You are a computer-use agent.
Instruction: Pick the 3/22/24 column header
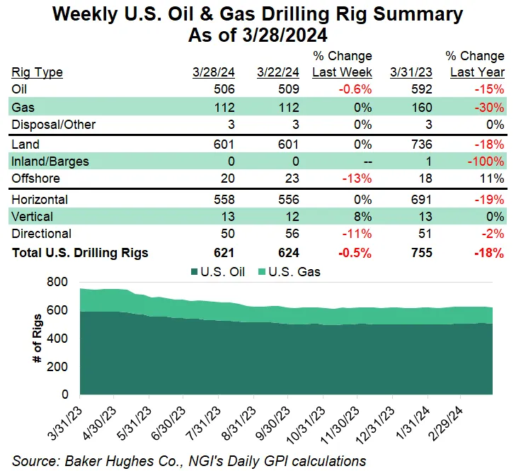(x=278, y=72)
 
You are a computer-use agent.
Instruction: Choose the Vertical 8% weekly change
(x=363, y=216)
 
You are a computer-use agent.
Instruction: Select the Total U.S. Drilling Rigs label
(x=80, y=253)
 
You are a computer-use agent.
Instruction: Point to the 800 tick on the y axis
(x=58, y=283)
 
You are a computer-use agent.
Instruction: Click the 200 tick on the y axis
(x=58, y=366)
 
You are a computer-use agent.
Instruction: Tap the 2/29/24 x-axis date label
(x=447, y=424)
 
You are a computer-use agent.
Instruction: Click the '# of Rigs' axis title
(x=37, y=338)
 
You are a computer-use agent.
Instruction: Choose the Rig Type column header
(x=37, y=72)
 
